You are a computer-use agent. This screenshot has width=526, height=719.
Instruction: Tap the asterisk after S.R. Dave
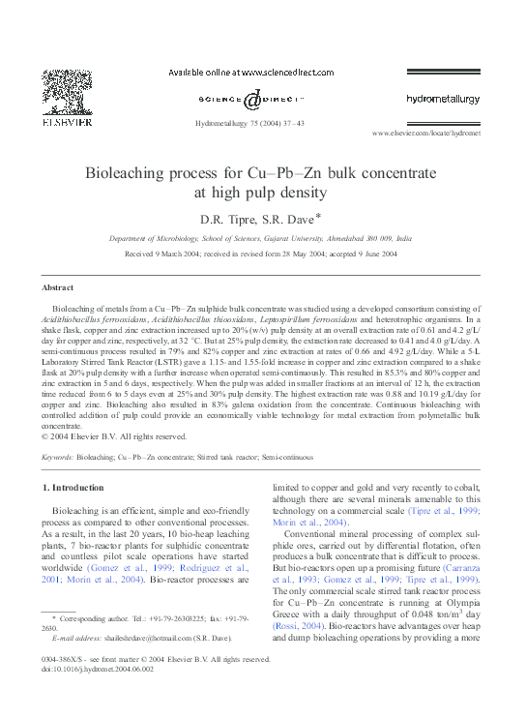point(317,215)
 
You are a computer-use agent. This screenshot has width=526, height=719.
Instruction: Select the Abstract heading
point(58,287)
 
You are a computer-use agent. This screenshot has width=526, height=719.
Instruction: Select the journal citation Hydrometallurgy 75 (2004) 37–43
point(249,124)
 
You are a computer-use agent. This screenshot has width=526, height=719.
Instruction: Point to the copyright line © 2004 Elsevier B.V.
point(107,434)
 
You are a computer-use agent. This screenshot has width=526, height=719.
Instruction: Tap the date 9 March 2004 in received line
point(196,254)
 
